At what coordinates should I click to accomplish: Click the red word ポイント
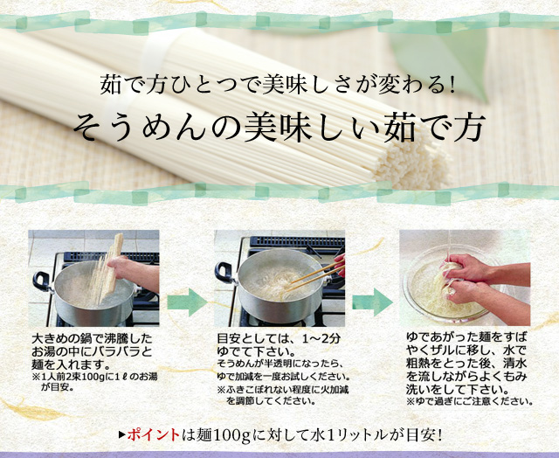pos(154,434)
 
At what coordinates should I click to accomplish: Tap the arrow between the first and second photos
pos(187,302)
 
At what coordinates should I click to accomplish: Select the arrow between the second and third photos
pos(373,302)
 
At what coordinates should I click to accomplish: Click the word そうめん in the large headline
pos(140,127)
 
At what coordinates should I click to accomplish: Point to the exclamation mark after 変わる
pos(452,86)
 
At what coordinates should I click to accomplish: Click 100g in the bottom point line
pos(231,435)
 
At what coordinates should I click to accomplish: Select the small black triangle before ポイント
pos(122,434)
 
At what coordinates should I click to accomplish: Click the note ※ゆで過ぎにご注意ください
pos(470,401)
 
